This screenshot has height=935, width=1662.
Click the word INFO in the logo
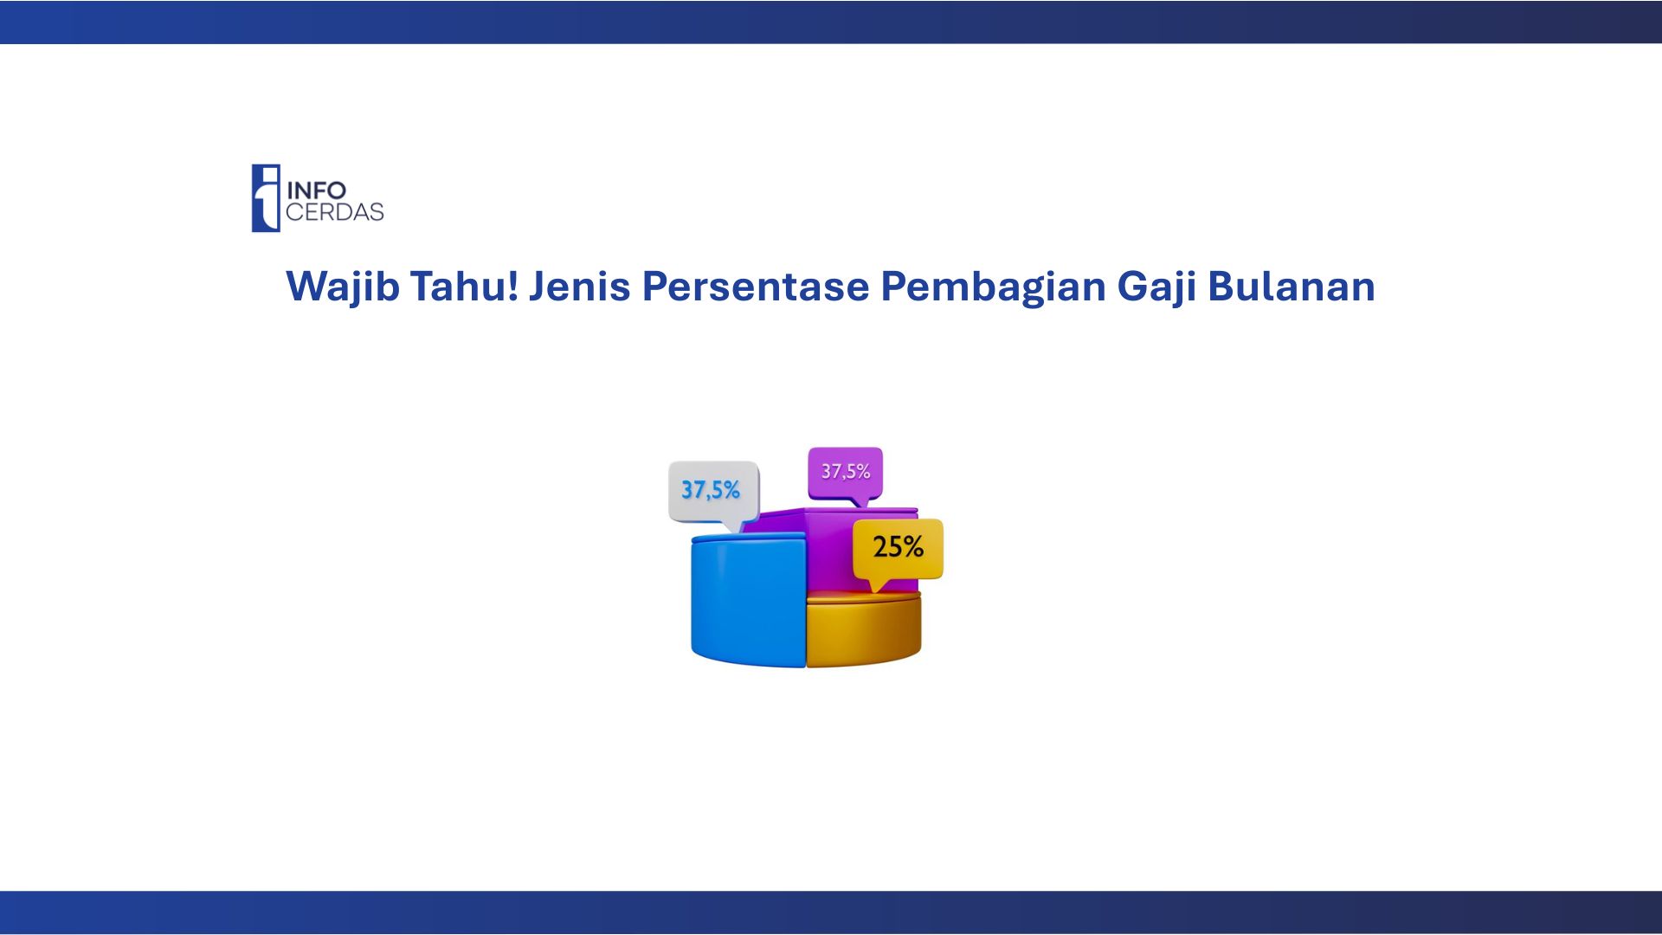coord(316,190)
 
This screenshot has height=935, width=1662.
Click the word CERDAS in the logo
coord(335,212)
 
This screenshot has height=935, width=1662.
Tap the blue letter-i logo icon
coord(266,198)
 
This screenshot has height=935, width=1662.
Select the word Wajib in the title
coord(343,287)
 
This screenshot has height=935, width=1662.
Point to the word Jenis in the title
coord(580,287)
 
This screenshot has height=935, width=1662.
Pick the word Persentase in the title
coord(755,286)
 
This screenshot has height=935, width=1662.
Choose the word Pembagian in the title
coord(993,287)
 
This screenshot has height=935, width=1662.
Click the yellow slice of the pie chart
coord(863,630)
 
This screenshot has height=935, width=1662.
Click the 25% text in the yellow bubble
coord(898,547)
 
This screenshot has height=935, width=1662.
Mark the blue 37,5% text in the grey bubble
coord(711,490)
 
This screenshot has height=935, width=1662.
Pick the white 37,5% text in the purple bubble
coord(846,471)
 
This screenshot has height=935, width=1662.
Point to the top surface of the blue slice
coord(748,538)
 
